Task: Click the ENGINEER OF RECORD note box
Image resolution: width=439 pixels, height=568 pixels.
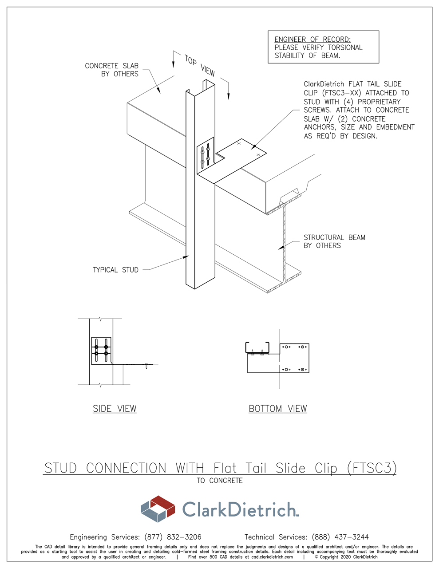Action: (323, 47)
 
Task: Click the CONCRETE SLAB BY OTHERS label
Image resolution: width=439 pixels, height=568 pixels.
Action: (112, 70)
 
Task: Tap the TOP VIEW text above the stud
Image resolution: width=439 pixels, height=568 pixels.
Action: (200, 65)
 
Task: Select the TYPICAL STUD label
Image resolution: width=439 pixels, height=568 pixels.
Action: (115, 270)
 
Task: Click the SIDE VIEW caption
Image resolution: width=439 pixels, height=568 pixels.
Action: (115, 409)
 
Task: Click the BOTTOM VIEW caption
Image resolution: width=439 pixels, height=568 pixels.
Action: (277, 409)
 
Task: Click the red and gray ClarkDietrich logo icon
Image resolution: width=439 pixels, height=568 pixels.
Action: (158, 509)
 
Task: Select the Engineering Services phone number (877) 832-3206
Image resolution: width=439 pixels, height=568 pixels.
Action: (173, 537)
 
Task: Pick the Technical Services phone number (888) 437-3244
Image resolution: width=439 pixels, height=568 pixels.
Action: (340, 537)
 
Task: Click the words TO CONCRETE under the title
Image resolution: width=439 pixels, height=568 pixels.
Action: (220, 481)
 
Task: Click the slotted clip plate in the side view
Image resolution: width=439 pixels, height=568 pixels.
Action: (101, 351)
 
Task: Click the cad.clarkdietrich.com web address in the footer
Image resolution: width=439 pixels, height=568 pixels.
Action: (272, 557)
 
